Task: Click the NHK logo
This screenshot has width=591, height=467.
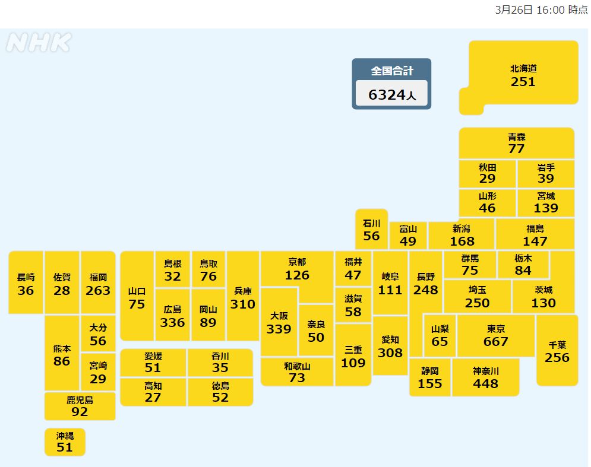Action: [x=39, y=43]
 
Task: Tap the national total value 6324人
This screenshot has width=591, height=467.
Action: [x=391, y=94]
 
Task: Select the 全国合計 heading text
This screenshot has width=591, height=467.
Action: [x=391, y=71]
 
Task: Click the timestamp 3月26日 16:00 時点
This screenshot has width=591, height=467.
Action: [x=541, y=10]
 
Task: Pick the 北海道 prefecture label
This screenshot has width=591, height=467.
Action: [x=523, y=68]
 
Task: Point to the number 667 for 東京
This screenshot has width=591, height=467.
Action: [x=495, y=341]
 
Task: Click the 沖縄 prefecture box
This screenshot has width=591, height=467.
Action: [x=65, y=442]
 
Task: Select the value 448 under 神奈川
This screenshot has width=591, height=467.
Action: [x=485, y=383]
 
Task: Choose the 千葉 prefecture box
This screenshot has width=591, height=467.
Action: [x=557, y=350]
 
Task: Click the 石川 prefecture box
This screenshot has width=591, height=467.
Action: [x=371, y=229]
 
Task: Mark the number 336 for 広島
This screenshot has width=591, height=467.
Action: [x=172, y=322]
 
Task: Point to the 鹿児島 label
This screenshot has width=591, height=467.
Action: [x=80, y=400]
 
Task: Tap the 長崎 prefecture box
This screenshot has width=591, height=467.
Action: [x=26, y=282]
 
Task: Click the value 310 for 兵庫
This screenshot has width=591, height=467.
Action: [x=243, y=304]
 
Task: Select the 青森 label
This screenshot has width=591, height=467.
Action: [x=516, y=137]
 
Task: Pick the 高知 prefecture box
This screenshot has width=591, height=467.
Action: [x=153, y=392]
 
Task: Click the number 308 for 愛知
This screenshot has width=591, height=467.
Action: [x=390, y=352]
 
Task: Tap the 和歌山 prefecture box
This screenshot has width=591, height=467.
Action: [x=296, y=372]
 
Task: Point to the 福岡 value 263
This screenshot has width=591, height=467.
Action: [x=98, y=290]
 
